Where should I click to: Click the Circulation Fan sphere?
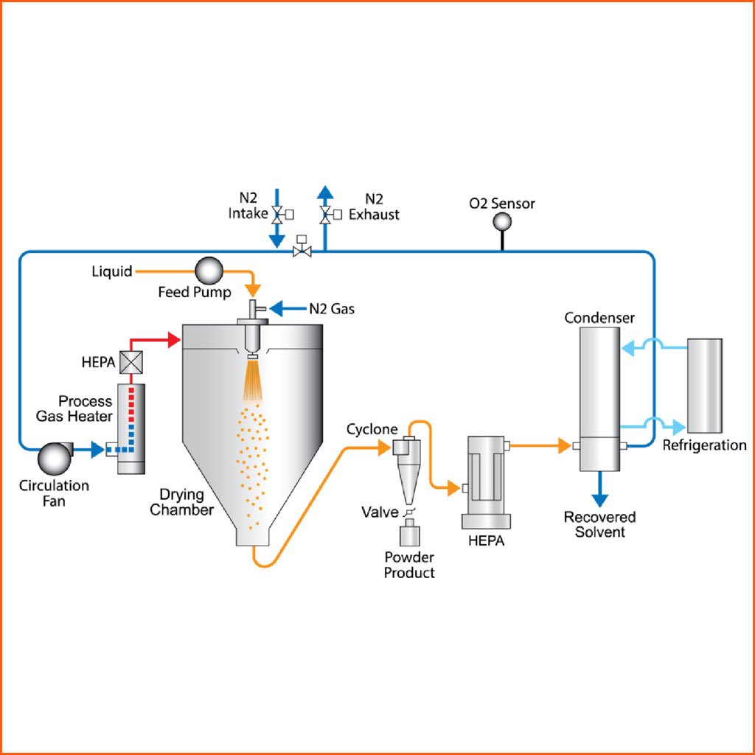pyautogui.click(x=53, y=458)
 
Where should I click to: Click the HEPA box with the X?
pyautogui.click(x=131, y=363)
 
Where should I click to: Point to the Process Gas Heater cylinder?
pyautogui.click(x=132, y=428)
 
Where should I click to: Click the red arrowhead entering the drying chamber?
pyautogui.click(x=175, y=339)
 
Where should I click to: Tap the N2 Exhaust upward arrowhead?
pyautogui.click(x=324, y=193)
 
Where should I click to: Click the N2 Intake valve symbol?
pyautogui.click(x=277, y=215)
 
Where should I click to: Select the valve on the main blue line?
pyautogui.click(x=301, y=251)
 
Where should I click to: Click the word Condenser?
pyautogui.click(x=599, y=319)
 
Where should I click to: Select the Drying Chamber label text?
pyautogui.click(x=181, y=501)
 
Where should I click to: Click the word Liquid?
pyautogui.click(x=111, y=271)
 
